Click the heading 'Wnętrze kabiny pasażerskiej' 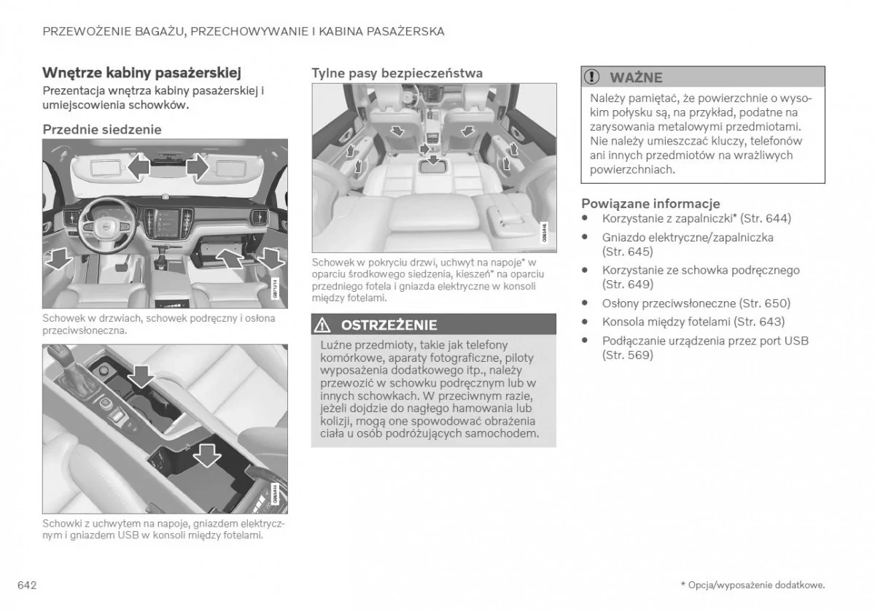point(141,73)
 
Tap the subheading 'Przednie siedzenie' point(102,129)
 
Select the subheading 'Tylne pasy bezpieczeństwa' point(397,73)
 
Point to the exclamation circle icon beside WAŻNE point(594,77)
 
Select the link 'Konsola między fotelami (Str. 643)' point(683,322)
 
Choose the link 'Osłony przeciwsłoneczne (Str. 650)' point(696,303)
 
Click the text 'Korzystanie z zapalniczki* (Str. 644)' point(696,218)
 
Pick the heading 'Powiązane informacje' point(650,204)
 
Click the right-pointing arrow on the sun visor point(196,169)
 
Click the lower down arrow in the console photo point(207,454)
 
